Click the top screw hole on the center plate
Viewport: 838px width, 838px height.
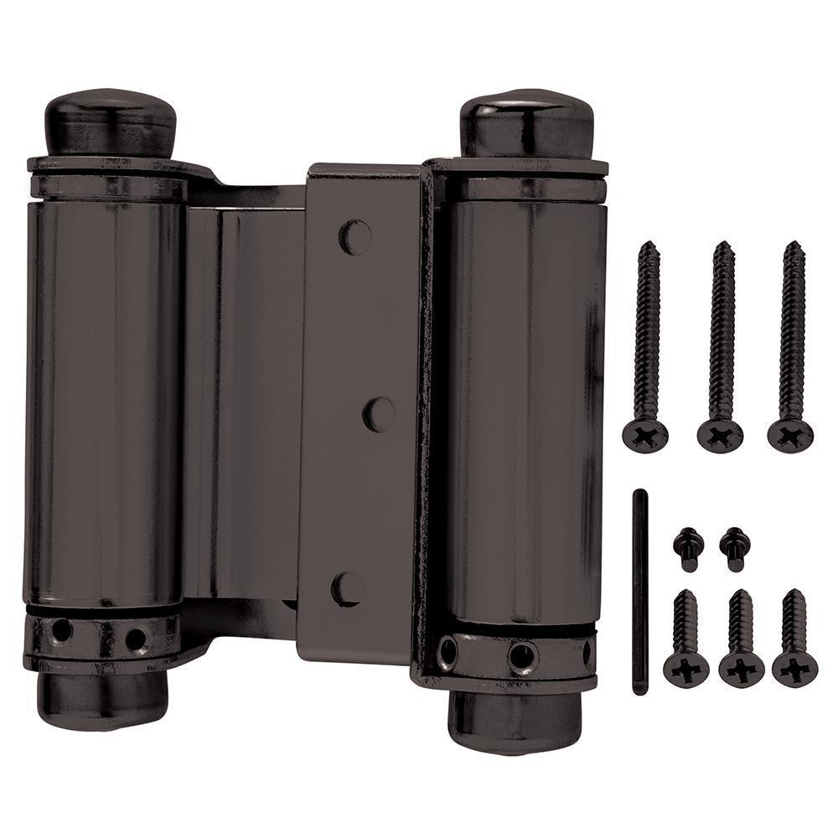(x=355, y=237)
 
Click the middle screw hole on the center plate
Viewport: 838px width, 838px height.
(x=379, y=415)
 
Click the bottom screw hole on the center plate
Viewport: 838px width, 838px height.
(x=348, y=589)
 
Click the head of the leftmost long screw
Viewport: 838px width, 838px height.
(x=645, y=433)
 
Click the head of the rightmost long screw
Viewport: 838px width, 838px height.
(x=790, y=434)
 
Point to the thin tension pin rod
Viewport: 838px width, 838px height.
(x=639, y=591)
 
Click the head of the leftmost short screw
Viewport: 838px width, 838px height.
(x=686, y=669)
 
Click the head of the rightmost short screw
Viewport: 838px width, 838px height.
(x=794, y=669)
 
